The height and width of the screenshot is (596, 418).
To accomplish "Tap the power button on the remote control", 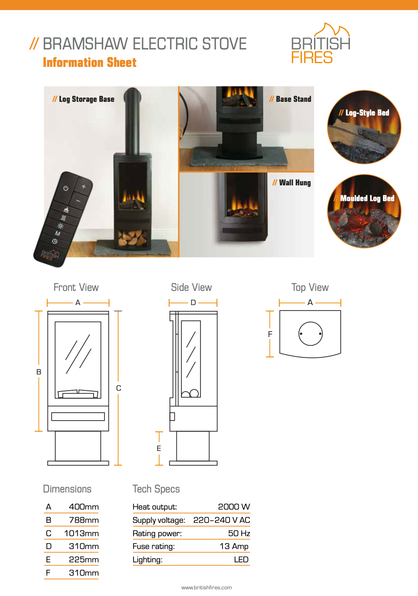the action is click(x=66, y=188).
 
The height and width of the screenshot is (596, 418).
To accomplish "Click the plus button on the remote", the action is click(x=84, y=187).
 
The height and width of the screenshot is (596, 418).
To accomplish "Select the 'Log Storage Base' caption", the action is click(x=83, y=99).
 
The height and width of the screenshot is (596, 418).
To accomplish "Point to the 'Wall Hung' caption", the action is click(x=292, y=182).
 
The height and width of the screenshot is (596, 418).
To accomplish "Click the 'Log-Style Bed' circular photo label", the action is click(x=364, y=113).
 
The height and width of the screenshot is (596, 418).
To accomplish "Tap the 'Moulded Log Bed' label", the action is click(x=364, y=198).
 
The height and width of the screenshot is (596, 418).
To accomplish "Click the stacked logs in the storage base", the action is click(x=132, y=238).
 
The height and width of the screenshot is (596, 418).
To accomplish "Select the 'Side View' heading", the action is click(x=191, y=287).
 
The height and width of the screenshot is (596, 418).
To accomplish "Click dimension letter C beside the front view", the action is click(x=119, y=388).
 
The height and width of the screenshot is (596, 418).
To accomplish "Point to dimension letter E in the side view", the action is click(x=159, y=448).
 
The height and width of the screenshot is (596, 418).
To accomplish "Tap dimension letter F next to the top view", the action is click(x=270, y=334).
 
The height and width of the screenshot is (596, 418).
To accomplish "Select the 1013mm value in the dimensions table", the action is click(x=82, y=533).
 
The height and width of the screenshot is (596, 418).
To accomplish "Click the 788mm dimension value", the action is click(x=84, y=520).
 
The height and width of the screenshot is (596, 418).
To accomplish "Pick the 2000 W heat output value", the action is click(x=234, y=507).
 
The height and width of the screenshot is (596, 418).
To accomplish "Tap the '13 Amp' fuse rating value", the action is click(x=234, y=546).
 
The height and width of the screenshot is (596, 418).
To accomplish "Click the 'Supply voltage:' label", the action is click(x=159, y=520).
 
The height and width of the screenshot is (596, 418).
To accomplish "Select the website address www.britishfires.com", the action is click(x=207, y=588).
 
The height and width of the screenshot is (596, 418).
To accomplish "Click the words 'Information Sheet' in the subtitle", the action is click(x=90, y=62).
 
